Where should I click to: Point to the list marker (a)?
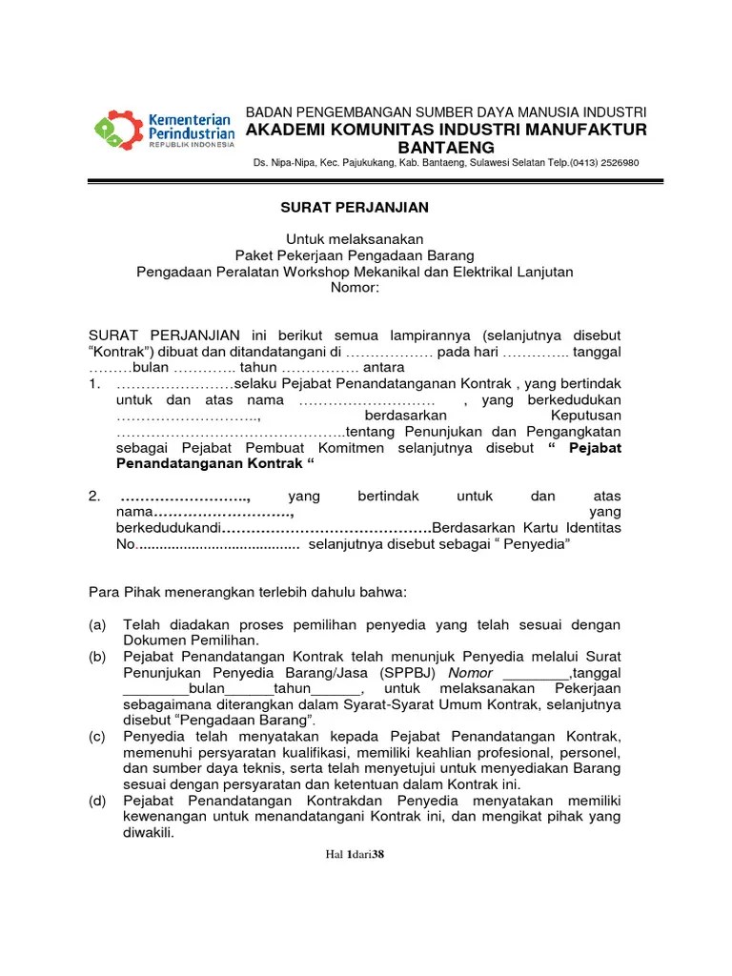pyautogui.click(x=97, y=624)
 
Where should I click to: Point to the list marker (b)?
pyautogui.click(x=97, y=657)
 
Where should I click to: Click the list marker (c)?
pyautogui.click(x=97, y=737)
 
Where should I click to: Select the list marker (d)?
pyautogui.click(x=97, y=801)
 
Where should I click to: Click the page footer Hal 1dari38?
pyautogui.click(x=355, y=854)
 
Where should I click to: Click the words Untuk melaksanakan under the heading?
pyautogui.click(x=355, y=239)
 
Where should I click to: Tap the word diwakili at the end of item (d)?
pyautogui.click(x=149, y=832)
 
